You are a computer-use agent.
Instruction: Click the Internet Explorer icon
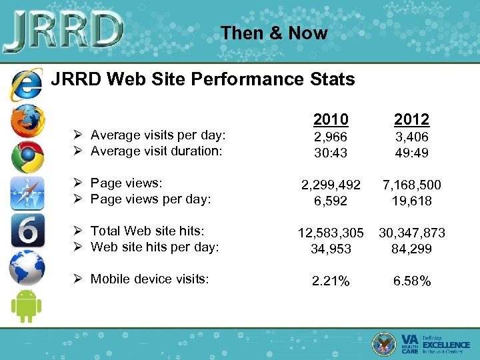[x=27, y=85]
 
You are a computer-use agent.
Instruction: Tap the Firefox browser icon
[x=27, y=121]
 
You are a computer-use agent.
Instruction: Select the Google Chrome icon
[x=27, y=157]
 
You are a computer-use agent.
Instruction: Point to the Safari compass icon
[x=27, y=194]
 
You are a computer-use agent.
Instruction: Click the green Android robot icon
[x=27, y=306]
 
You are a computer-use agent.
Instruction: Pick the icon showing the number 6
[x=27, y=231]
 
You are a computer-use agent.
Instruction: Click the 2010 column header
[x=331, y=119]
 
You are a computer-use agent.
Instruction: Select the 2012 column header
[x=411, y=119]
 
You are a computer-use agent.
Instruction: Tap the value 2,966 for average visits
[x=331, y=137]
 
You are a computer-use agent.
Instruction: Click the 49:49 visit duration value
[x=411, y=153]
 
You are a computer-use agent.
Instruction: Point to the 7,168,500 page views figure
[x=411, y=185]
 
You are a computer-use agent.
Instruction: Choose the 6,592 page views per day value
[x=331, y=201]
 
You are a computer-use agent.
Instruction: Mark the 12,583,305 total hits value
[x=331, y=233]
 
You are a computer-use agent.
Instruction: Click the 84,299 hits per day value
[x=411, y=249]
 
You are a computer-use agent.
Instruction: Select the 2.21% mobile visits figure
[x=331, y=281]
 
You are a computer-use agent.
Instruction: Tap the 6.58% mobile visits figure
[x=411, y=281]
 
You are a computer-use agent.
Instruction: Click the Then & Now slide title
[x=274, y=33]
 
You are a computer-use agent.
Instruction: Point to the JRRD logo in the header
[x=63, y=30]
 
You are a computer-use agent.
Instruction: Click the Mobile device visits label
[x=150, y=279]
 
